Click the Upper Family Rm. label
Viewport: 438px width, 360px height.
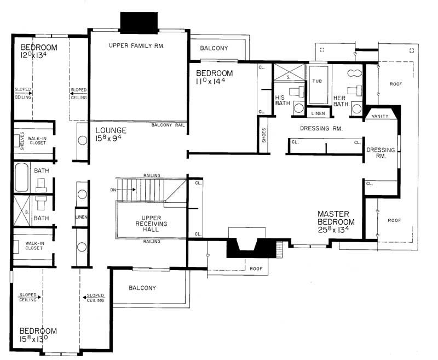(x=137, y=45)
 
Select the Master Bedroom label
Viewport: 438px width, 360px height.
(x=336, y=218)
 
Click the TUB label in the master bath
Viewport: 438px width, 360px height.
(x=318, y=81)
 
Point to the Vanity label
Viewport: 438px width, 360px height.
(x=380, y=116)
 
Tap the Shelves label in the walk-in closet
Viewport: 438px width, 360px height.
(x=22, y=141)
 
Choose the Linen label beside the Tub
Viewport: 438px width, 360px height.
(x=319, y=114)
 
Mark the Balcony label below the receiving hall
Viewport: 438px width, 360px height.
(x=142, y=288)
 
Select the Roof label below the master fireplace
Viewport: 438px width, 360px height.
(x=255, y=268)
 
